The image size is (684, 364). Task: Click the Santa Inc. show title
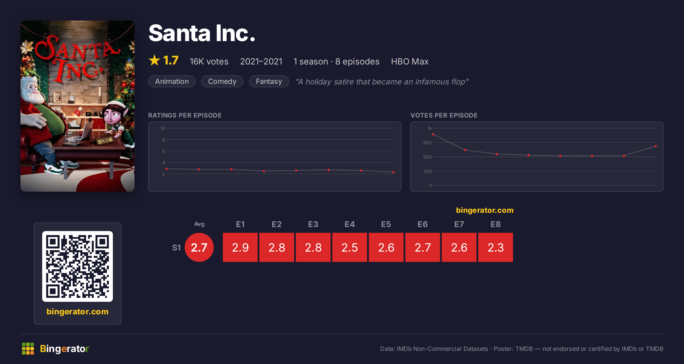[202, 33]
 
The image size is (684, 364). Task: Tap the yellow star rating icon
[154, 60]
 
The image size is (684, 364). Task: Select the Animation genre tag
[172, 81]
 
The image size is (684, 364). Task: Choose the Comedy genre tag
[222, 81]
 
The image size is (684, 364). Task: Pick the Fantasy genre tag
[269, 81]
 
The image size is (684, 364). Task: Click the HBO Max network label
[410, 61]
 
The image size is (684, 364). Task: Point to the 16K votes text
[209, 61]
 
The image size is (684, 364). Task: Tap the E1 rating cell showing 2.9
[240, 247]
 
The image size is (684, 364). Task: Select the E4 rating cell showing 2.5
[350, 247]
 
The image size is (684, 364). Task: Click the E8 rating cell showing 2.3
[496, 247]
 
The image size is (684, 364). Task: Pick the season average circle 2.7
[199, 247]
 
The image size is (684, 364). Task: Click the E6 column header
[423, 224]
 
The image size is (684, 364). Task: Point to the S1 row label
[176, 248]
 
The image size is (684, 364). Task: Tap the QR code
[78, 266]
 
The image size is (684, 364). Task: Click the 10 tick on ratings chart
[163, 128]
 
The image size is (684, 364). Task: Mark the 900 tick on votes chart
[427, 143]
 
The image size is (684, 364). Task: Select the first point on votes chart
[433, 134]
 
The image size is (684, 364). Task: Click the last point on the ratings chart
[394, 172]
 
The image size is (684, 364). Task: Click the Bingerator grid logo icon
[28, 349]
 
